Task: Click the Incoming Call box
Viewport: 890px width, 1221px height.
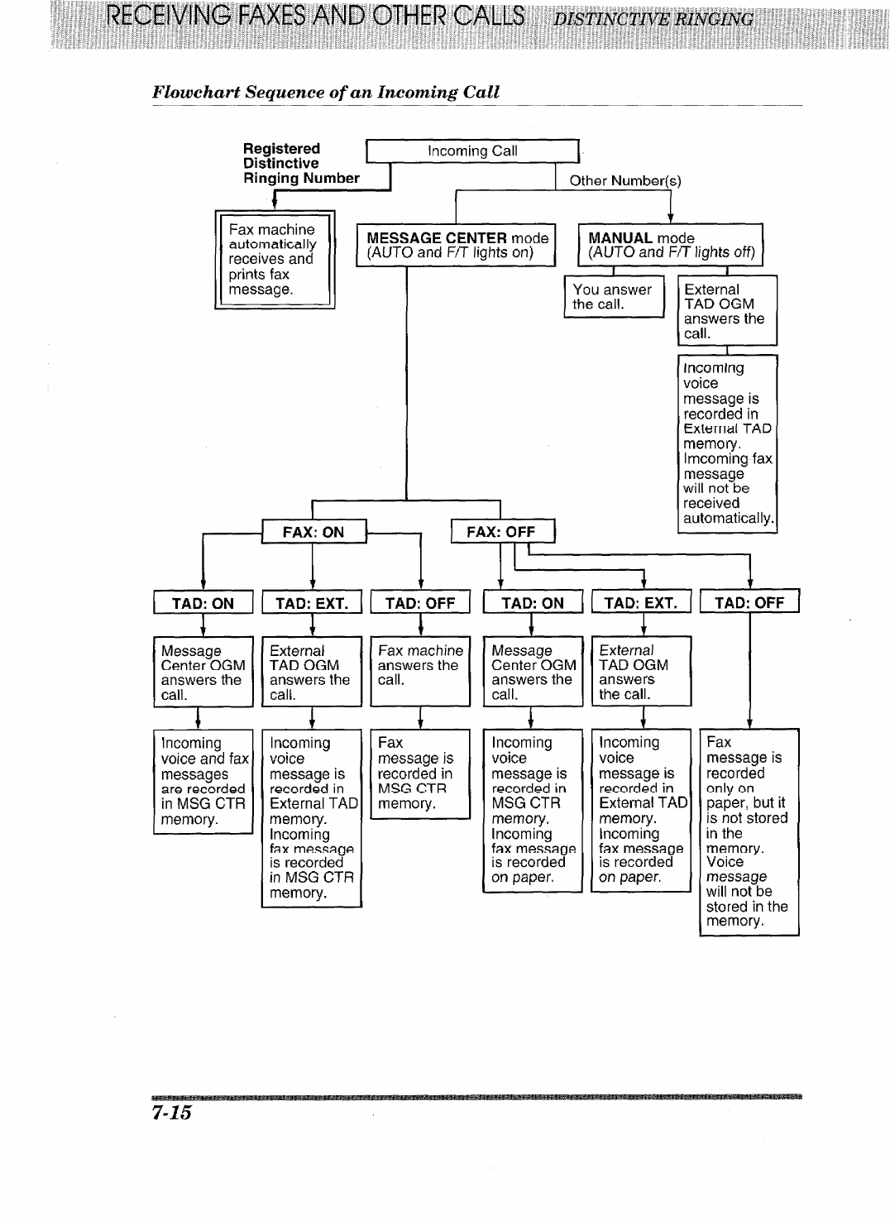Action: click(472, 151)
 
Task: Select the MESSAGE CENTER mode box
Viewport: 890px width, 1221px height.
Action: click(457, 245)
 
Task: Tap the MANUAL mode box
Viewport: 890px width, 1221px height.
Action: click(670, 245)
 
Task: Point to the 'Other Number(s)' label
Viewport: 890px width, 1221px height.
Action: click(624, 180)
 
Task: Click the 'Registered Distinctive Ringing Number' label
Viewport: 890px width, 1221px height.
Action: click(301, 164)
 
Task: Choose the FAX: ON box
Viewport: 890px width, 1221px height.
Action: click(313, 532)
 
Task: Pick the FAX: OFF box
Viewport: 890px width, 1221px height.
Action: click(501, 532)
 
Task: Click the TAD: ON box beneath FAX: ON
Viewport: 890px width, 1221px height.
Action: click(203, 603)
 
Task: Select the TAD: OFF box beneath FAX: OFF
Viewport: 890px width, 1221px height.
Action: click(749, 603)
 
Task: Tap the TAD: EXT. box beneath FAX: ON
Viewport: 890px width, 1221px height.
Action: click(312, 603)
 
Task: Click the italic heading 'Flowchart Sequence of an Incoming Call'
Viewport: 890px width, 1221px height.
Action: click(326, 92)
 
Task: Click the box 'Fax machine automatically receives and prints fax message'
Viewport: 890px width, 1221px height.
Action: click(274, 260)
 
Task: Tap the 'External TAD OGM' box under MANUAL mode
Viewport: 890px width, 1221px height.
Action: click(727, 312)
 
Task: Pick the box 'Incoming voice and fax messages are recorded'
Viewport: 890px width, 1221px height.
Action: click(203, 781)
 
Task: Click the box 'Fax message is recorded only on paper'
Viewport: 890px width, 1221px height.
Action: click(749, 831)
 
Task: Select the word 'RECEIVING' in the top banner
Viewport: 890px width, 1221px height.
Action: click(163, 17)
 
